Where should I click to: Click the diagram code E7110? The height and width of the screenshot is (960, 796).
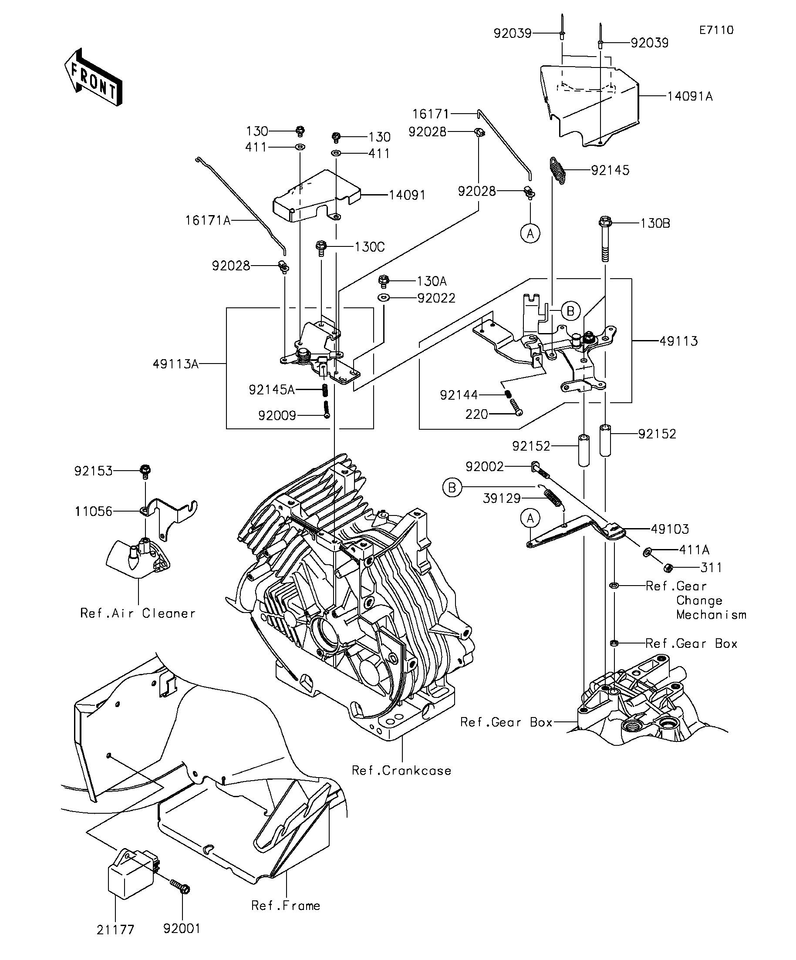(716, 30)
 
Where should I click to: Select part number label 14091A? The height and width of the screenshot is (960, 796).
(689, 97)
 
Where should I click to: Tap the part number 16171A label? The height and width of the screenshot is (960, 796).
(208, 221)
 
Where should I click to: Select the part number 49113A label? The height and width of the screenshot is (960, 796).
(175, 364)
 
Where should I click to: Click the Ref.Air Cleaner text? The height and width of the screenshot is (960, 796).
(138, 613)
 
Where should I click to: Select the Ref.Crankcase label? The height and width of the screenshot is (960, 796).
(401, 771)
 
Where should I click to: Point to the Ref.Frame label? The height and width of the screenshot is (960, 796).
(286, 906)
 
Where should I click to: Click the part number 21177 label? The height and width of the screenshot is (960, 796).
(115, 930)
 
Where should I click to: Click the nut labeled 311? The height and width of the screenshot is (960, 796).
(668, 568)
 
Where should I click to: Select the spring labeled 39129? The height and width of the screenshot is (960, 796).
(553, 496)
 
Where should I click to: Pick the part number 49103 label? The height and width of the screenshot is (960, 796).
(670, 529)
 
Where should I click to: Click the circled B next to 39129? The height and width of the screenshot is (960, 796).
(452, 488)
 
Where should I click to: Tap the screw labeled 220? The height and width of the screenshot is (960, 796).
(514, 406)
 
